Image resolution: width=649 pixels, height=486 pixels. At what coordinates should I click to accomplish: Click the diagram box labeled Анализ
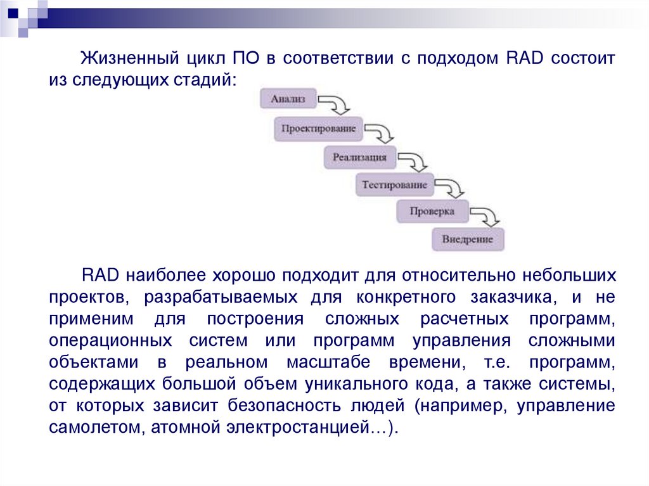pyautogui.click(x=288, y=99)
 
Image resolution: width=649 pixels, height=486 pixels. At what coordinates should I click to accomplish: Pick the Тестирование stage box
pyautogui.click(x=394, y=186)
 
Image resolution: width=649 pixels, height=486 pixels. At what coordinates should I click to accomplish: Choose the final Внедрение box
pyautogui.click(x=468, y=240)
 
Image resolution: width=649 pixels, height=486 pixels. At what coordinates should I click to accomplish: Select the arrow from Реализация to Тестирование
pyautogui.click(x=414, y=160)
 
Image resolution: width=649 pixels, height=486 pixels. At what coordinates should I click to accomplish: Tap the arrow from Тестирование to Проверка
pyautogui.click(x=451, y=189)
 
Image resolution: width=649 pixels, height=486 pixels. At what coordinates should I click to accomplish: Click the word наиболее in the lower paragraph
pyautogui.click(x=164, y=276)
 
